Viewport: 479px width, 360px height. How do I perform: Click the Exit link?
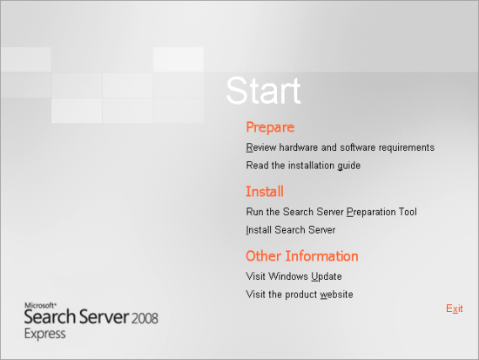[455, 309]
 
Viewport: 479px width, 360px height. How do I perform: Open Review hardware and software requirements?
[341, 147]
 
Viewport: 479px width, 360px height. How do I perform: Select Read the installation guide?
[303, 166]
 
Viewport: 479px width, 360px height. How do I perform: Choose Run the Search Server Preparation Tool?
[332, 212]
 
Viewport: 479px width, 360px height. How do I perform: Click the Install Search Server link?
[291, 230]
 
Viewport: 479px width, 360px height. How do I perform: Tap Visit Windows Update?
[293, 276]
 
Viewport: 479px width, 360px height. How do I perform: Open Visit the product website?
[300, 295]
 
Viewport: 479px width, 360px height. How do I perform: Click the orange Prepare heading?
[270, 127]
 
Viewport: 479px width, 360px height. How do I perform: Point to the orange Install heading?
[265, 192]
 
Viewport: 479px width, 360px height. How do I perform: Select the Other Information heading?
[302, 256]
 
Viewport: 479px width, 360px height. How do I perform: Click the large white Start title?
[264, 91]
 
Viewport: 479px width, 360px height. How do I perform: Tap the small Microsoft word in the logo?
[40, 305]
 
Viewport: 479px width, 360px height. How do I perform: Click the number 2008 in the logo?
[145, 318]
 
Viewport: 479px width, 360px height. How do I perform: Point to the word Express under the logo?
[45, 334]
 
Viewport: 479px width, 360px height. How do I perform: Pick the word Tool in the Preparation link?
[408, 212]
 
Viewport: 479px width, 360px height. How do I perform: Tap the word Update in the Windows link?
[327, 277]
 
